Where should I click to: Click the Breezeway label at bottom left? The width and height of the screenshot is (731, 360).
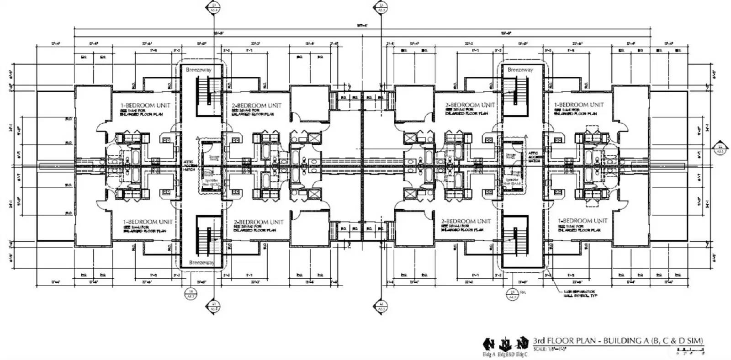point(201,263)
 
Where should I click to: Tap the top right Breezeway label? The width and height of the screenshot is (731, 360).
point(520,70)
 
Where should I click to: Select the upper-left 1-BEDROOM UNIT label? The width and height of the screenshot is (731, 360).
point(145,105)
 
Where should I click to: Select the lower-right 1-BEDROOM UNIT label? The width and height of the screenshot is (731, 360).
point(583,221)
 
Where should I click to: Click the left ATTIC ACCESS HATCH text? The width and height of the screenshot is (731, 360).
point(189,168)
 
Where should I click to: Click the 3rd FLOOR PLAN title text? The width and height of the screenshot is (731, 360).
point(618,340)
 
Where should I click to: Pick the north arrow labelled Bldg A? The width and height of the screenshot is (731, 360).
point(489,344)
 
